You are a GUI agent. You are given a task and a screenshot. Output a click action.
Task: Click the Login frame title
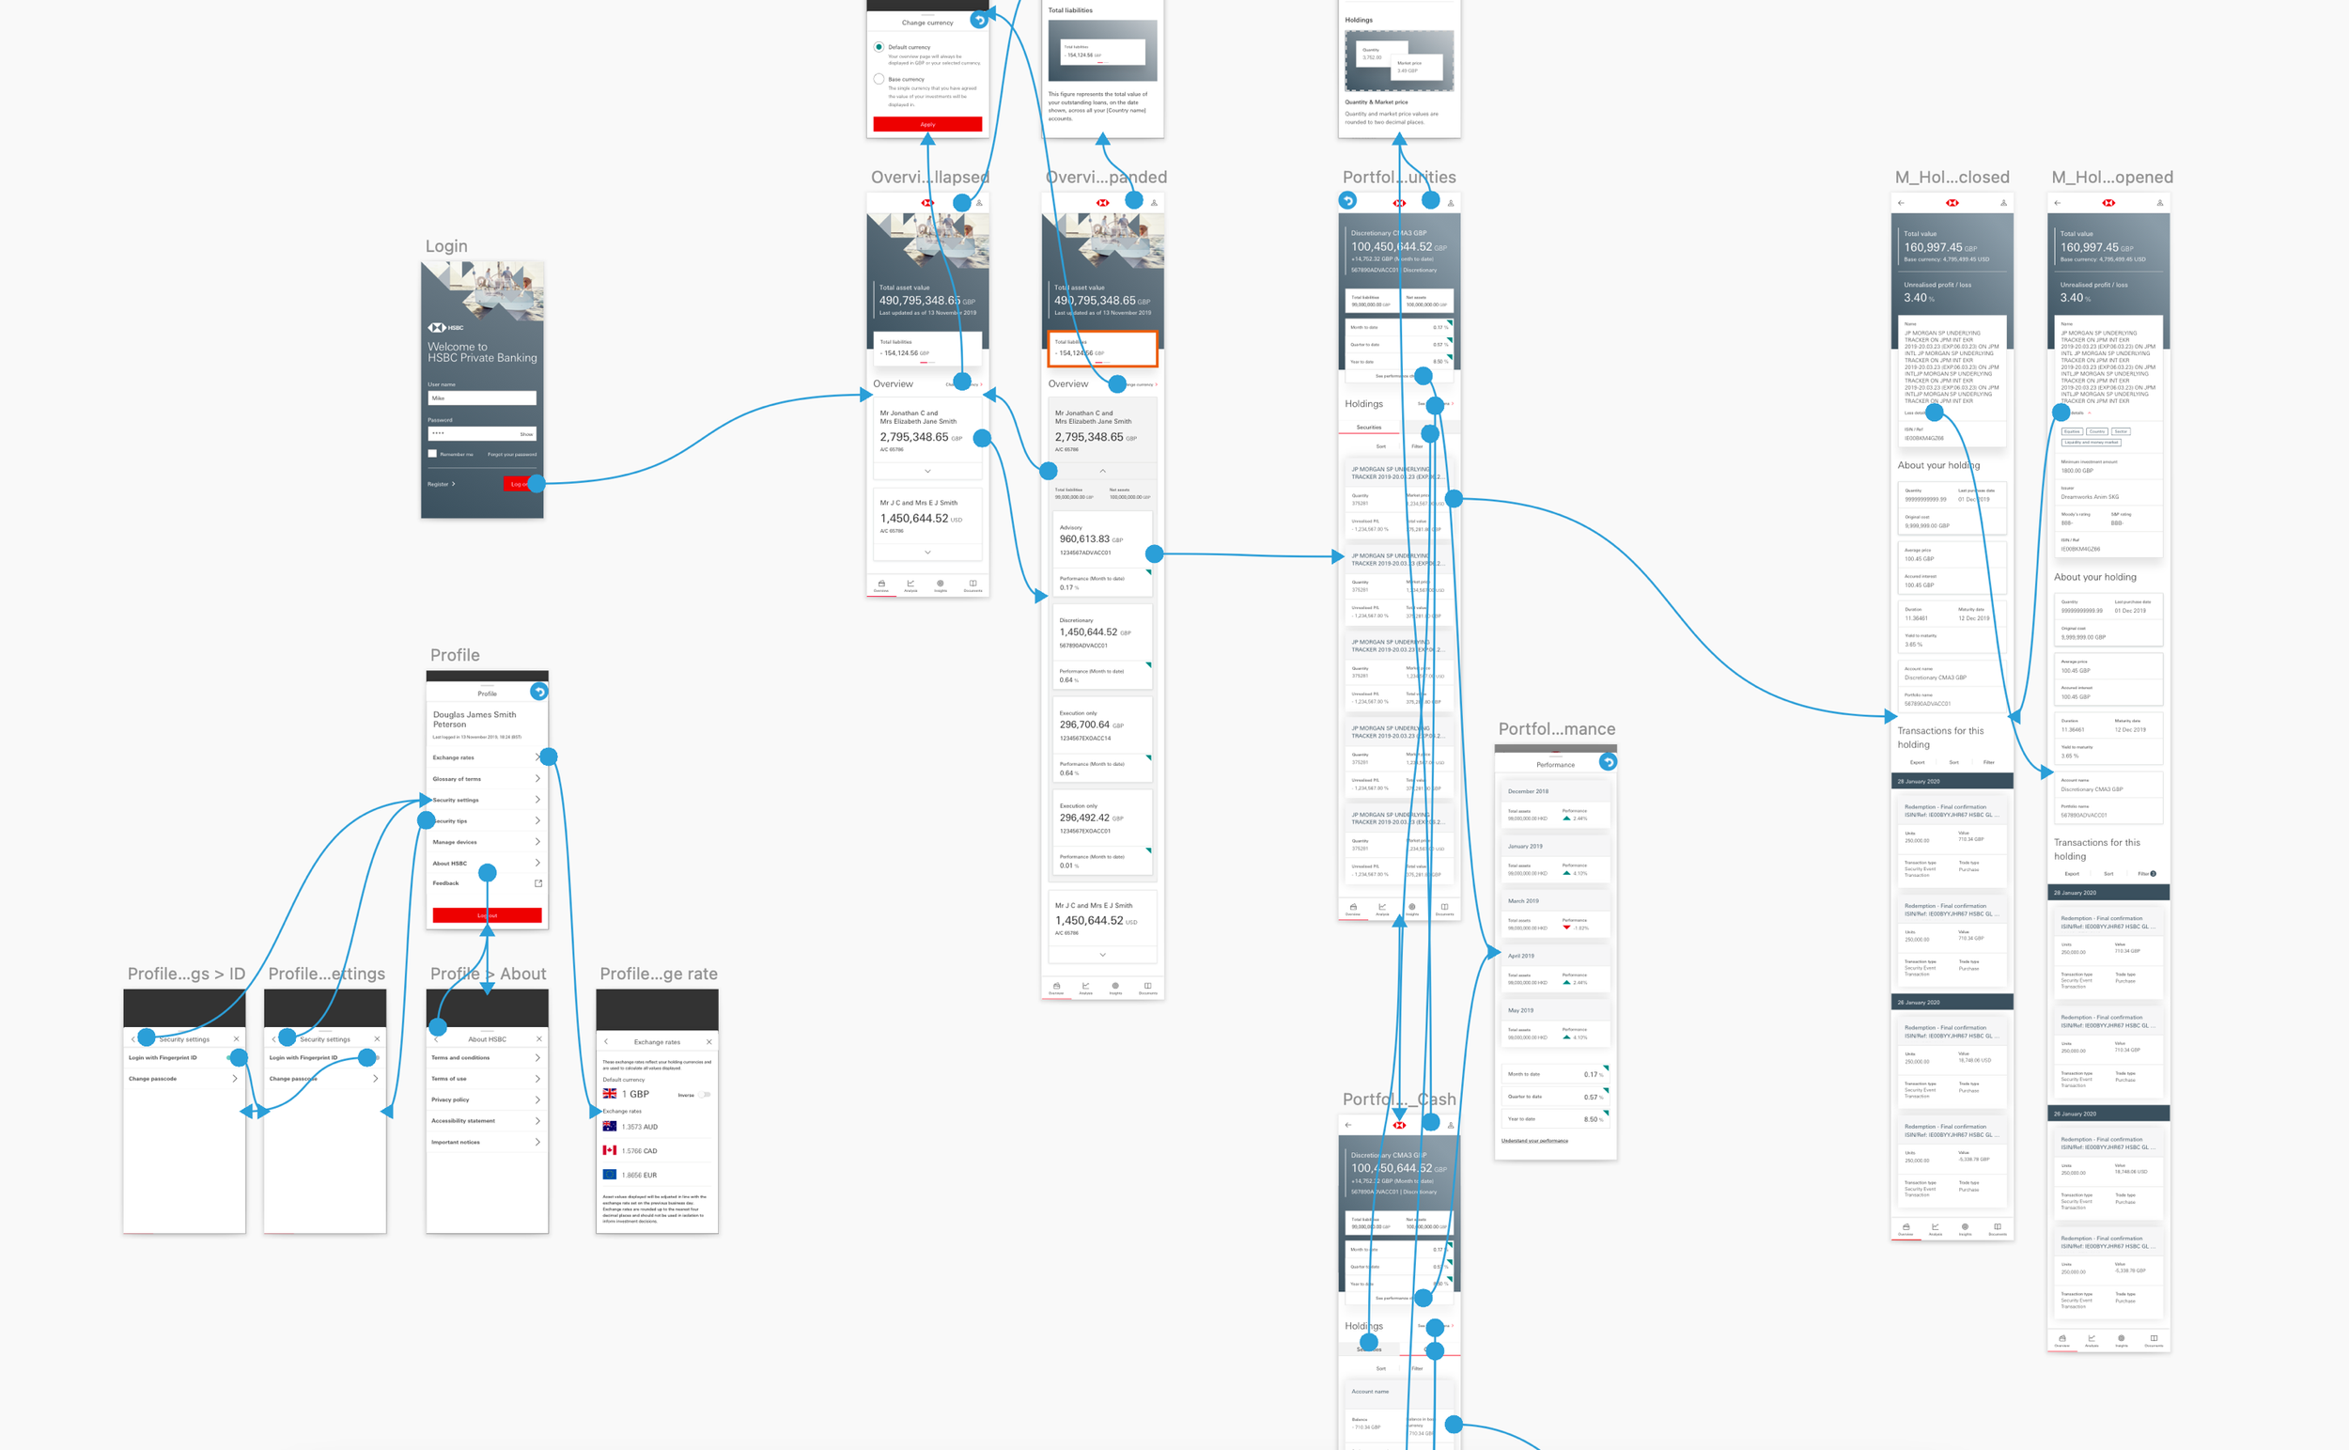pyautogui.click(x=447, y=246)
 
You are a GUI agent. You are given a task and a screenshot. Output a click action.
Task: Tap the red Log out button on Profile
pyautogui.click(x=487, y=915)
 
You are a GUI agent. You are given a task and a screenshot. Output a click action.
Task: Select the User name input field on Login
pyautogui.click(x=481, y=398)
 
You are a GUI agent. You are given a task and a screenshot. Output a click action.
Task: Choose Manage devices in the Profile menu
pyautogui.click(x=455, y=842)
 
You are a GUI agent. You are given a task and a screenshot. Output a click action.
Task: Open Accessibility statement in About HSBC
pyautogui.click(x=464, y=1120)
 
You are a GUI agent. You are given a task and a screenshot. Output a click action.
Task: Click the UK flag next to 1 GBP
pyautogui.click(x=610, y=1093)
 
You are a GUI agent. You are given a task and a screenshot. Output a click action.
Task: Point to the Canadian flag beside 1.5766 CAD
pyautogui.click(x=610, y=1150)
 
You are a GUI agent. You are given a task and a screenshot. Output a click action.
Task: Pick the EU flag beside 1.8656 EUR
pyautogui.click(x=610, y=1174)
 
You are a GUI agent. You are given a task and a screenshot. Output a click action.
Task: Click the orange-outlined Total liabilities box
pyautogui.click(x=1101, y=349)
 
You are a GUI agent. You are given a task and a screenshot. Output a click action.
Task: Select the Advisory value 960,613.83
pyautogui.click(x=1084, y=539)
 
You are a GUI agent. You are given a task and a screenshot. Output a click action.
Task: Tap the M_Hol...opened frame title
pyautogui.click(x=2112, y=178)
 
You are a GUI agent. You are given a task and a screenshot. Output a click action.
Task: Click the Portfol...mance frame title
pyautogui.click(x=1557, y=729)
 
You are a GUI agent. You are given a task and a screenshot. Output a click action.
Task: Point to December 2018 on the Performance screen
pyautogui.click(x=1529, y=791)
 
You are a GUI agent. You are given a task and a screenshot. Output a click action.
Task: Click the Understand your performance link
pyautogui.click(x=1535, y=1140)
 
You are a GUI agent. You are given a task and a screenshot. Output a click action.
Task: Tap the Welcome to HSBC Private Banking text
pyautogui.click(x=481, y=352)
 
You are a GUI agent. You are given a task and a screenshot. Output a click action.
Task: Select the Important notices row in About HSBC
pyautogui.click(x=456, y=1142)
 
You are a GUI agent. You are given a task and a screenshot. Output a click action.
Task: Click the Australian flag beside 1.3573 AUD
pyautogui.click(x=610, y=1126)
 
